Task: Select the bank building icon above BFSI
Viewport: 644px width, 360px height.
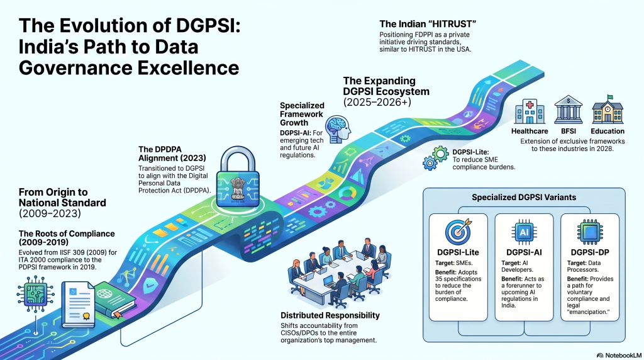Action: tap(567, 111)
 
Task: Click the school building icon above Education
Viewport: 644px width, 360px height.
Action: tap(607, 111)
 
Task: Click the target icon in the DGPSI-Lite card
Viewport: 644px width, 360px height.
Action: tap(458, 232)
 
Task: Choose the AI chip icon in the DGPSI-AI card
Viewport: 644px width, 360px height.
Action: tap(524, 232)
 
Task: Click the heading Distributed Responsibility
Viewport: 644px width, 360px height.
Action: tap(329, 315)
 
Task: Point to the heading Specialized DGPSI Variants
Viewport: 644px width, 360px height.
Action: tap(525, 197)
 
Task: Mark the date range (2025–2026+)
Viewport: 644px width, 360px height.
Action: tap(377, 102)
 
